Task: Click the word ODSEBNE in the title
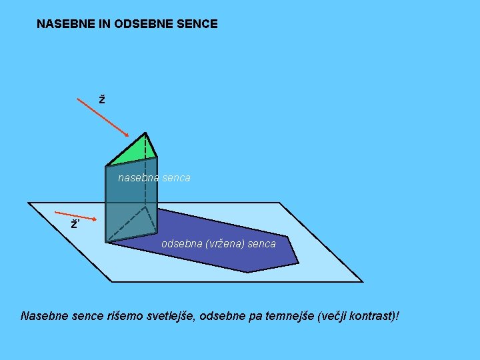click(x=147, y=24)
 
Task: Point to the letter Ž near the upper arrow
click(x=101, y=100)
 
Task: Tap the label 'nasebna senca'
click(x=154, y=178)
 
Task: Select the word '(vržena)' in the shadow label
click(x=225, y=244)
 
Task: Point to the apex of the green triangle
click(x=146, y=133)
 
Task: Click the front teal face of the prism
click(x=127, y=200)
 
